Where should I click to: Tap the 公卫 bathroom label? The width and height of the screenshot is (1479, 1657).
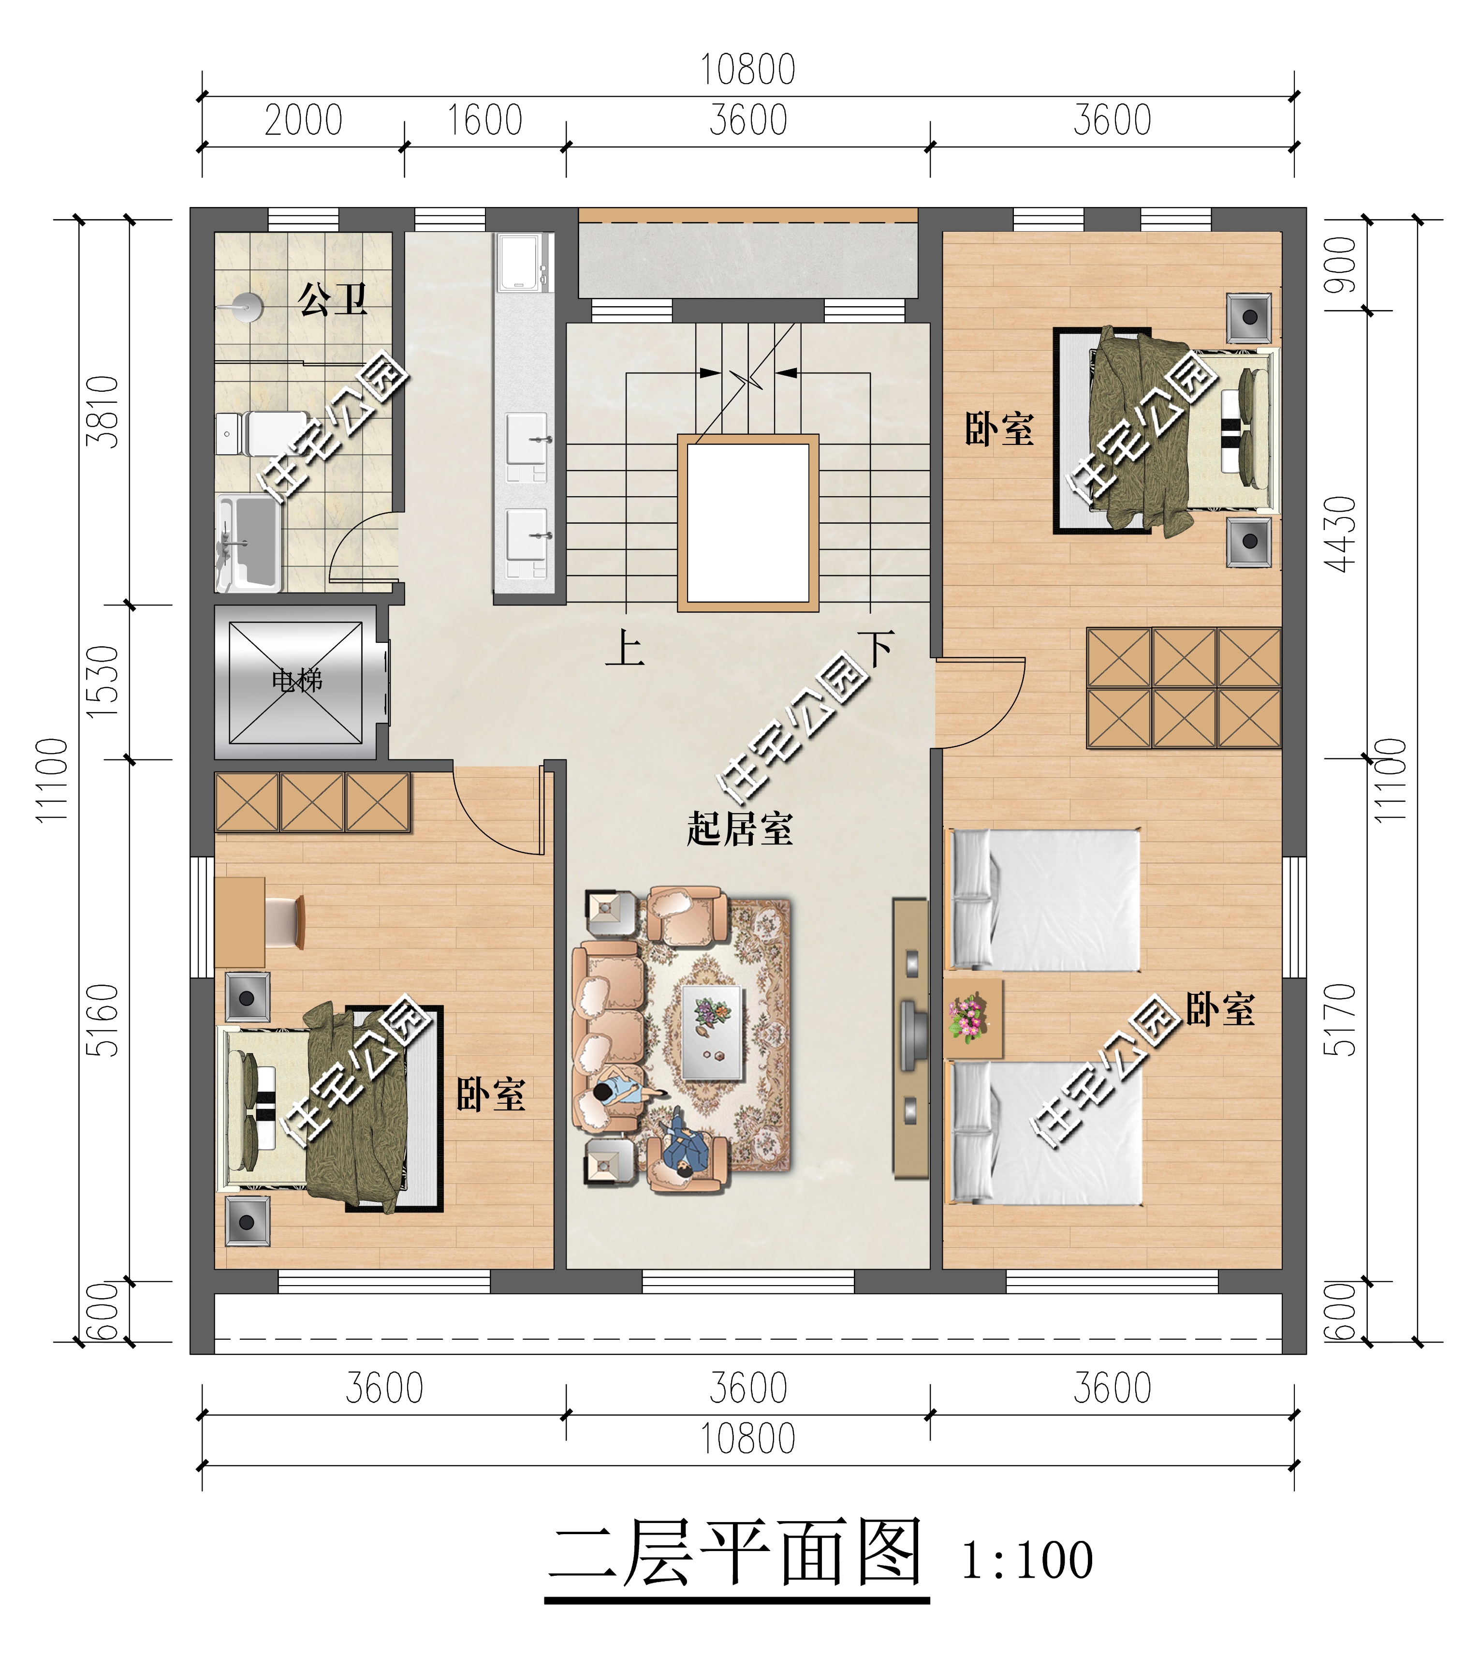pos(332,299)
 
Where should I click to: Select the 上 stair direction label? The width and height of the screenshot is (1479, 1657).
pos(624,649)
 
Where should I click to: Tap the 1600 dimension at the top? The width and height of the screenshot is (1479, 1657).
pos(484,121)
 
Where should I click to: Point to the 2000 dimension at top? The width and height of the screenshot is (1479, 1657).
pos(303,121)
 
